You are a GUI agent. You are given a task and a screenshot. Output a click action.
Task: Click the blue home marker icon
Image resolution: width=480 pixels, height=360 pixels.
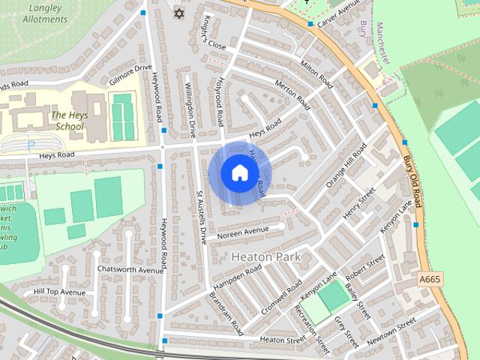[239, 173]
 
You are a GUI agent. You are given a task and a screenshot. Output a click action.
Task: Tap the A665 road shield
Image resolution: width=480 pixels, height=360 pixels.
[429, 279]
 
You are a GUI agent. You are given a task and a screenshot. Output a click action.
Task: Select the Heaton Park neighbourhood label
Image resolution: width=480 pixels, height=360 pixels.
[266, 256]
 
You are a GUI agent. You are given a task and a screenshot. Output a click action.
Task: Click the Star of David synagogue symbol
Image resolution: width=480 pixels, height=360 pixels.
[178, 14]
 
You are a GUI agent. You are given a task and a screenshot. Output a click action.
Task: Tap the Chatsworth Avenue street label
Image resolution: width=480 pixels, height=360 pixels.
[130, 270]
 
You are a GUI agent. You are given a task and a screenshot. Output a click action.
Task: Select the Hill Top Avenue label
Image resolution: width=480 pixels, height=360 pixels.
[60, 292]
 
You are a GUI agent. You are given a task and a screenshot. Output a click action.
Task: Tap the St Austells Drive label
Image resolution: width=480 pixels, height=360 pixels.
[201, 217]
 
